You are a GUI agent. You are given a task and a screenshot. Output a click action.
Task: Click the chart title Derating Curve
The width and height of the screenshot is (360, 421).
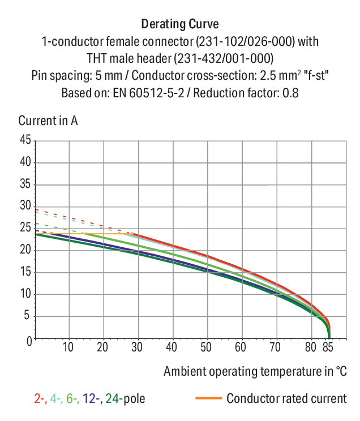[180, 24]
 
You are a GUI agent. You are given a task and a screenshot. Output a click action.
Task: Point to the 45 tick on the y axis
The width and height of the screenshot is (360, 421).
[25, 140]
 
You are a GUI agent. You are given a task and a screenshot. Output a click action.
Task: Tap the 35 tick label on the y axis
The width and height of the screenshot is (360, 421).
[25, 184]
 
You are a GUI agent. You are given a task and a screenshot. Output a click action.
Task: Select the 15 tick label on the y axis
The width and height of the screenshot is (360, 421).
[25, 272]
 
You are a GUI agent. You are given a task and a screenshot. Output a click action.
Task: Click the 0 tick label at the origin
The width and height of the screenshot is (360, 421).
[29, 342]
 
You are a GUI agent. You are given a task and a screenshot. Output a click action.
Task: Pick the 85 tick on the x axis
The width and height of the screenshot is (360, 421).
[328, 347]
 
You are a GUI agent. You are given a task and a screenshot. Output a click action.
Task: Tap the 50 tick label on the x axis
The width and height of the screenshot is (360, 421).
[206, 347]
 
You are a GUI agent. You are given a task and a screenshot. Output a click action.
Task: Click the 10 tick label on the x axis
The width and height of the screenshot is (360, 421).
[68, 347]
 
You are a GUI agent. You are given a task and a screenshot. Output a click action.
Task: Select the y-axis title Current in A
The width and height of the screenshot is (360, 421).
[48, 121]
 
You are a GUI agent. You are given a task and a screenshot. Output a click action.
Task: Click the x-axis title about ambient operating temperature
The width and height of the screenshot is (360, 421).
[255, 371]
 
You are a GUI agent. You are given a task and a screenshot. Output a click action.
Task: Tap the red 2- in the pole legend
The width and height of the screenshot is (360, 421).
[41, 398]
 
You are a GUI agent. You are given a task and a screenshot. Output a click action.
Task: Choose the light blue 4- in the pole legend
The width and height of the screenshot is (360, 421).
[57, 398]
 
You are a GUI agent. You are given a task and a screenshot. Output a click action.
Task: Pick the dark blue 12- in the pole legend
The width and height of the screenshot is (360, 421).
[92, 398]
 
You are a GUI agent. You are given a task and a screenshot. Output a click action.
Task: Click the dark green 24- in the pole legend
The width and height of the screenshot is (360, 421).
[114, 398]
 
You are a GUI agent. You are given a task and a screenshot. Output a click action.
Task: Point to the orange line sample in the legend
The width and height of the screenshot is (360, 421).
[209, 398]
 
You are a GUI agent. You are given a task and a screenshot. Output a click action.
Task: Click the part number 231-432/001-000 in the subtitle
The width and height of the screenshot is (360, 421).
[224, 58]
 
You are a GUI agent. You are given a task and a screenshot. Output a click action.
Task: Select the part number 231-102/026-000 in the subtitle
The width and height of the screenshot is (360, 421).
[245, 41]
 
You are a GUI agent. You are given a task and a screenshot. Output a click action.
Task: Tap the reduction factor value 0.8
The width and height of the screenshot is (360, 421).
[290, 93]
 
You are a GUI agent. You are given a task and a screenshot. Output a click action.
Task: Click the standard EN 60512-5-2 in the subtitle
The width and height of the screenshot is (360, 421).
[148, 93]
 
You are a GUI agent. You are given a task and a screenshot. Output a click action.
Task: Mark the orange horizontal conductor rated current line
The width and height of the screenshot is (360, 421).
[84, 234]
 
